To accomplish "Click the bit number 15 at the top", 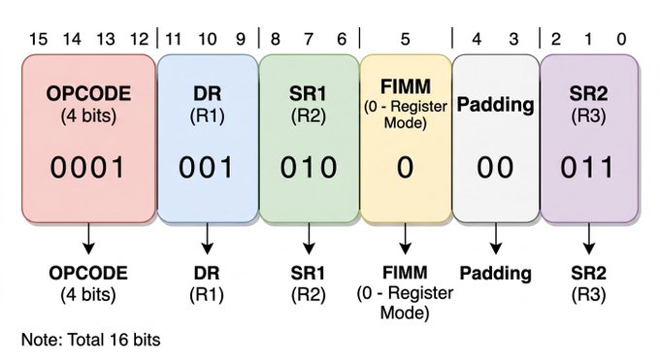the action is coord(38,39).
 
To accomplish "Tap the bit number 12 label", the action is coord(140,39).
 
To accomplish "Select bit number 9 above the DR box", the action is coord(241,39).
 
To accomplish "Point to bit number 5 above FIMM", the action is coord(405,39).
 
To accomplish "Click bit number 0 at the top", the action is coord(621,39).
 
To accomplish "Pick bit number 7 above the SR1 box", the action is coord(309,39).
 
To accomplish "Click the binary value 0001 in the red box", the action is coord(87,167).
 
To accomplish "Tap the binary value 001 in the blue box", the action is coord(206,167).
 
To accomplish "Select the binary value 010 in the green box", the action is coord(309,167).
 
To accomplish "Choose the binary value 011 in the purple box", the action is coord(587,167).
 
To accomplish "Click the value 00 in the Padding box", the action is coord(495,167).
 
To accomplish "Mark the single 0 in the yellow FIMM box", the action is coord(405,167).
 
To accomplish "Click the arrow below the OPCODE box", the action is coord(88,239).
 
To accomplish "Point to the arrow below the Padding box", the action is coord(496,239).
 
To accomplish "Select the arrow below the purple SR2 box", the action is coord(588,239).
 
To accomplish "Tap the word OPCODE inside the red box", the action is coord(88,93).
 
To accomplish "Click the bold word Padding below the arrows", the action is coord(495,274).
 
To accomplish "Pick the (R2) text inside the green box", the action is coord(309,115).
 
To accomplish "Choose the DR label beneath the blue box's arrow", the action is coord(207,274).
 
